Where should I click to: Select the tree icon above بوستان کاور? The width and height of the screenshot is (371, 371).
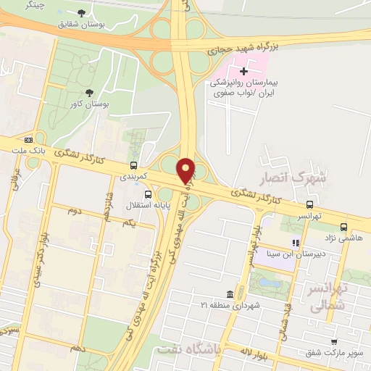(89, 92)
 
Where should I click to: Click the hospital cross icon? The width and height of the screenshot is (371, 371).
(243, 71)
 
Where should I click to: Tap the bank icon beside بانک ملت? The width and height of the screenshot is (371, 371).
(28, 139)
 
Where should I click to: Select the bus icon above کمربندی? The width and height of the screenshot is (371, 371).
(133, 165)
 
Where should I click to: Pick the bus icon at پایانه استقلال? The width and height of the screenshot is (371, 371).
(149, 194)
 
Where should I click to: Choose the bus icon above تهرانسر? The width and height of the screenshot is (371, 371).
(310, 204)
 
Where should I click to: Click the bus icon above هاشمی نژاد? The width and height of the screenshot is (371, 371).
(343, 226)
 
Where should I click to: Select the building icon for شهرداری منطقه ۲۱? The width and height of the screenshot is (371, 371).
(230, 294)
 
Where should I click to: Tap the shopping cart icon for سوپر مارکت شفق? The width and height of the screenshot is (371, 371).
(333, 342)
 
